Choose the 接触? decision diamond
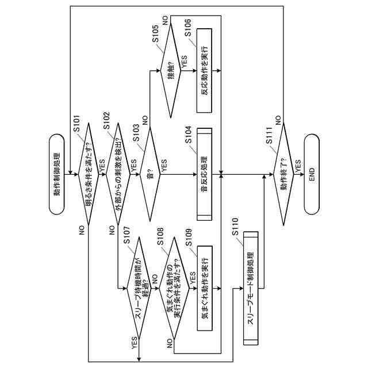tap(171, 70)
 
